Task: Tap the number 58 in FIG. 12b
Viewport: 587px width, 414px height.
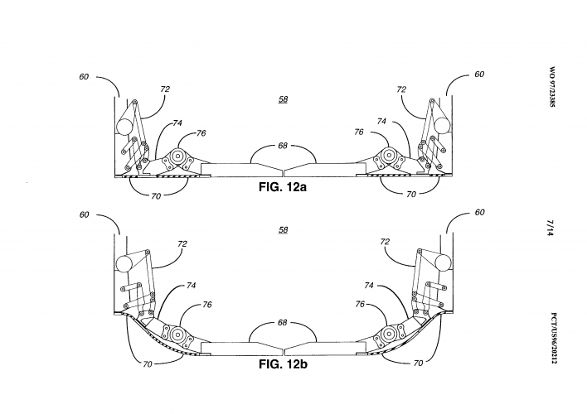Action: click(x=284, y=229)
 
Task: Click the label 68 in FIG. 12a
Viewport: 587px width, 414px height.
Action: click(x=284, y=147)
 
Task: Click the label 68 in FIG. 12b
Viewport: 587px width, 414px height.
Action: click(x=284, y=322)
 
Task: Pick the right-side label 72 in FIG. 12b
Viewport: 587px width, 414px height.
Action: click(x=386, y=243)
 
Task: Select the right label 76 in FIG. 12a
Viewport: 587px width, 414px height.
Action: click(x=359, y=132)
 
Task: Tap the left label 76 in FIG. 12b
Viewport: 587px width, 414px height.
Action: click(x=206, y=305)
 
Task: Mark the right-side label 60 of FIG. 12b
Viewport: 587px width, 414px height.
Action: click(x=479, y=213)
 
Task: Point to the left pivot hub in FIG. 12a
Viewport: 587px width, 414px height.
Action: click(x=177, y=155)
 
